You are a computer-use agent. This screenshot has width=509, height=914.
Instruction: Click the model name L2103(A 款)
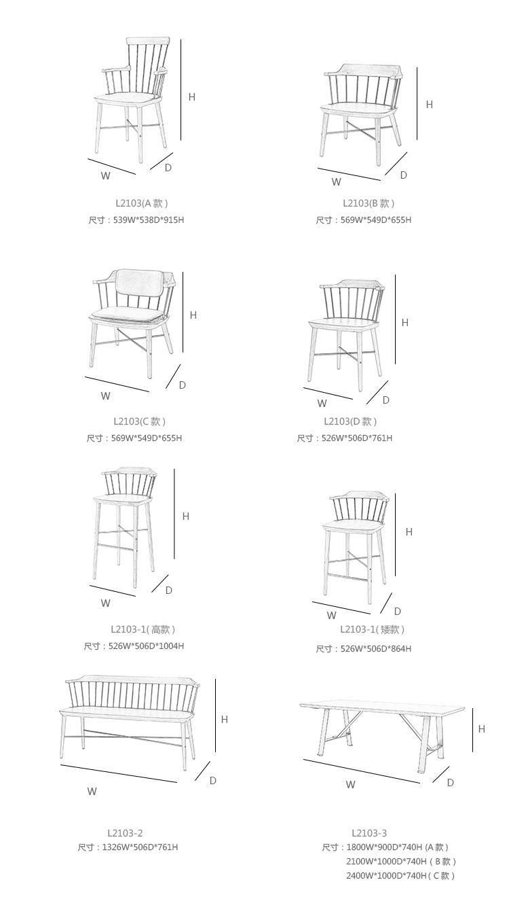[141, 203]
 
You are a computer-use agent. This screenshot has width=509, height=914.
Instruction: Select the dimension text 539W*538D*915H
[149, 220]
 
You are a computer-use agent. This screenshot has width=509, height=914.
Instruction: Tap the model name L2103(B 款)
[369, 203]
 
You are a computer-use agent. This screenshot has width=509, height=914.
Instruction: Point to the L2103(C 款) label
[139, 421]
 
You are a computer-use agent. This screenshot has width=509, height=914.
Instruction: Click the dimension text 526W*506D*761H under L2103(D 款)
[356, 438]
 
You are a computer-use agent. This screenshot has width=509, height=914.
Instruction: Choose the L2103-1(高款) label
[143, 629]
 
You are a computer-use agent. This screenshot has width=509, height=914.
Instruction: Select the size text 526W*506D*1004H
[146, 646]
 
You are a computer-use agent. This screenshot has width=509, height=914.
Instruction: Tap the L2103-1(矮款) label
[372, 629]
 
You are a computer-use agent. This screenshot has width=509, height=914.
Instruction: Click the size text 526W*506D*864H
[376, 649]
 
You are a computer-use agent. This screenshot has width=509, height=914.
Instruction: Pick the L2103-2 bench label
[125, 833]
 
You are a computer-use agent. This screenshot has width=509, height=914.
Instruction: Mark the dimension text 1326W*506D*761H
[140, 847]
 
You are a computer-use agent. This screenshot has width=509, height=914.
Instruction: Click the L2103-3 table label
[369, 833]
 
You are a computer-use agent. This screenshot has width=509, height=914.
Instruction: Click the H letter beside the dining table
[482, 728]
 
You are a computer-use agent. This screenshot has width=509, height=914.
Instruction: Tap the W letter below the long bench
[92, 791]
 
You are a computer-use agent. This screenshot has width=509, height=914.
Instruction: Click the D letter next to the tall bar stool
[169, 591]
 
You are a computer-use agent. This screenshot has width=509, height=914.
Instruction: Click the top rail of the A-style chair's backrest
[148, 41]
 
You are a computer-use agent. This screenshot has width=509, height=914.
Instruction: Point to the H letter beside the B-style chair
[429, 105]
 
